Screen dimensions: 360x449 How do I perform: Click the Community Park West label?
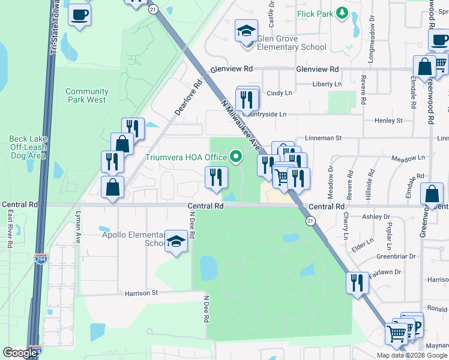[x=87, y=95]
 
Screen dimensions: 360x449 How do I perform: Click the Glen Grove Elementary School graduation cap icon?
[x=246, y=30]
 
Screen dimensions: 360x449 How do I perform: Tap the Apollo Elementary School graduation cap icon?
[x=176, y=241]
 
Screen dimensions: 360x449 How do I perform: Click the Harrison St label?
[x=141, y=293]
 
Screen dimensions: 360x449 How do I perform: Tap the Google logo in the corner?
[x=20, y=353]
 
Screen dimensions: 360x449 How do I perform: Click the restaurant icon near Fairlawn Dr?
[x=358, y=282]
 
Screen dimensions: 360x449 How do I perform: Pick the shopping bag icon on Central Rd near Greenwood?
[x=432, y=194]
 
